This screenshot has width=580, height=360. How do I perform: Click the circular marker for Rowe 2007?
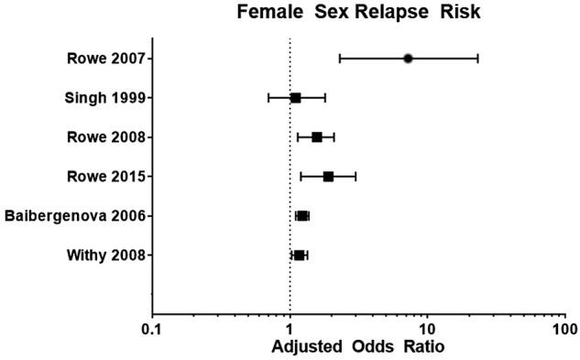click(x=408, y=59)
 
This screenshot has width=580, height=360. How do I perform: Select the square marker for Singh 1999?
click(x=295, y=97)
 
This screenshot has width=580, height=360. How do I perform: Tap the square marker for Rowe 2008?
click(x=317, y=137)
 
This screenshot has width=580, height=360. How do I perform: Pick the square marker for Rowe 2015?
click(x=328, y=176)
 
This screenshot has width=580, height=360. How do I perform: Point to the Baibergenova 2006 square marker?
click(x=302, y=216)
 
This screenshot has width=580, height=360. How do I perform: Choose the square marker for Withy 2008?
click(x=299, y=255)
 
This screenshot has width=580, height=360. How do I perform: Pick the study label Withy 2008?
click(x=104, y=255)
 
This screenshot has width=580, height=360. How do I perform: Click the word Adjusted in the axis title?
click(x=307, y=348)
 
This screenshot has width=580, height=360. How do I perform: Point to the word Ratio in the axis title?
click(x=423, y=348)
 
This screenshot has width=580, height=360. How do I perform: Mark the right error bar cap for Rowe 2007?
click(x=477, y=59)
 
